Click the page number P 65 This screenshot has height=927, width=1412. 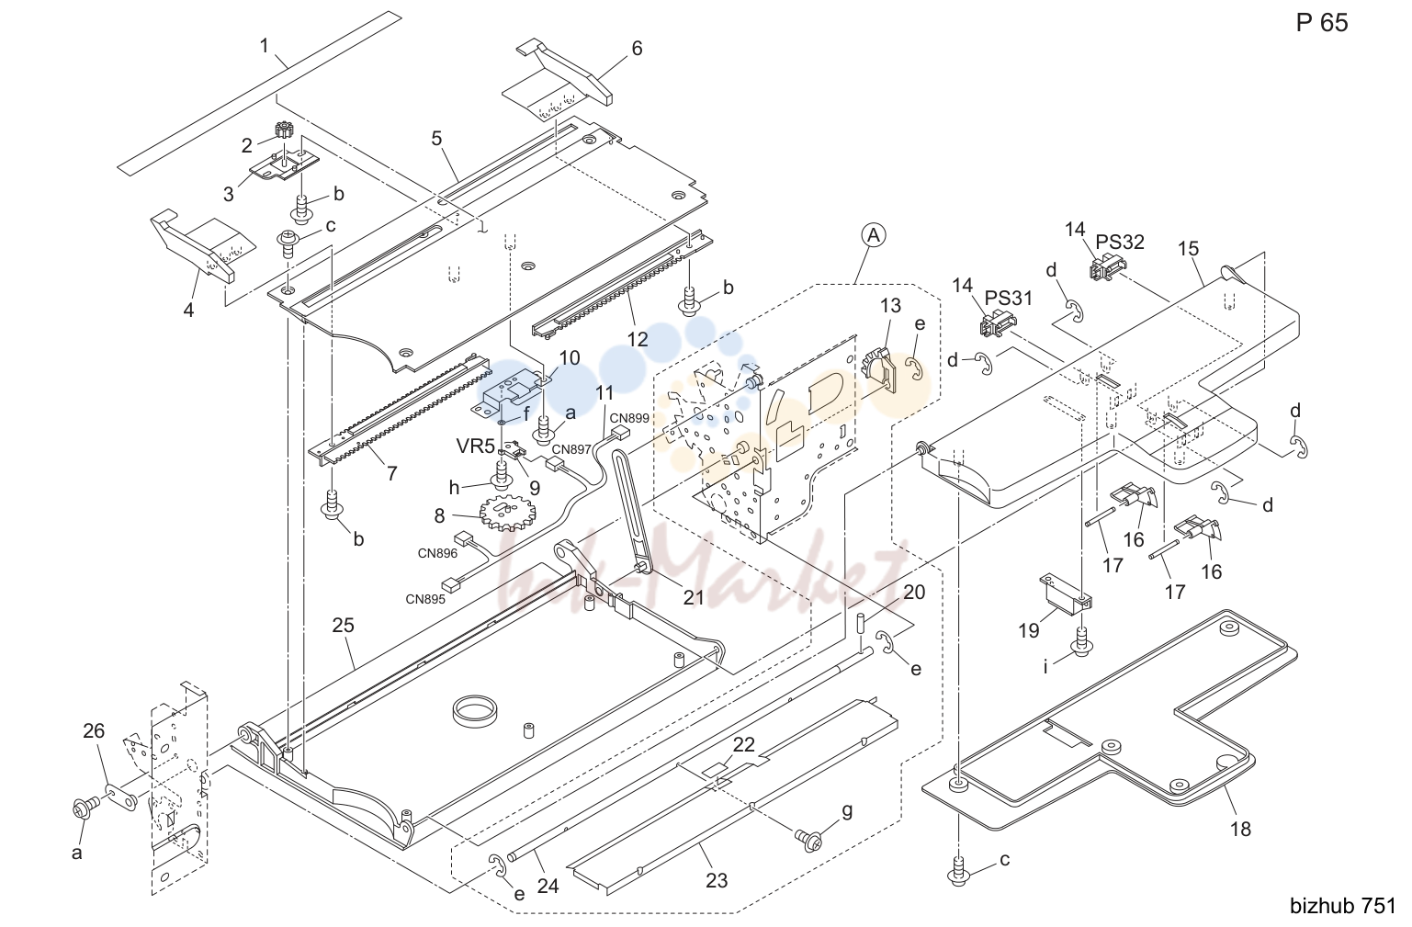click(1321, 23)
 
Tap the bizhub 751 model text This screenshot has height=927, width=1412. click(1343, 906)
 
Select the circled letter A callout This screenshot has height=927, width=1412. click(873, 236)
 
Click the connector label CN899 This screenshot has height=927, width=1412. click(628, 418)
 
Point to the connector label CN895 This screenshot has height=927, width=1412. click(424, 599)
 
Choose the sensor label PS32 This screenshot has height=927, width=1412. click(1120, 242)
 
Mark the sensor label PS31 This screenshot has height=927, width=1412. click(1009, 298)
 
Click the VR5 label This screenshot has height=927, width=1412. click(475, 447)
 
